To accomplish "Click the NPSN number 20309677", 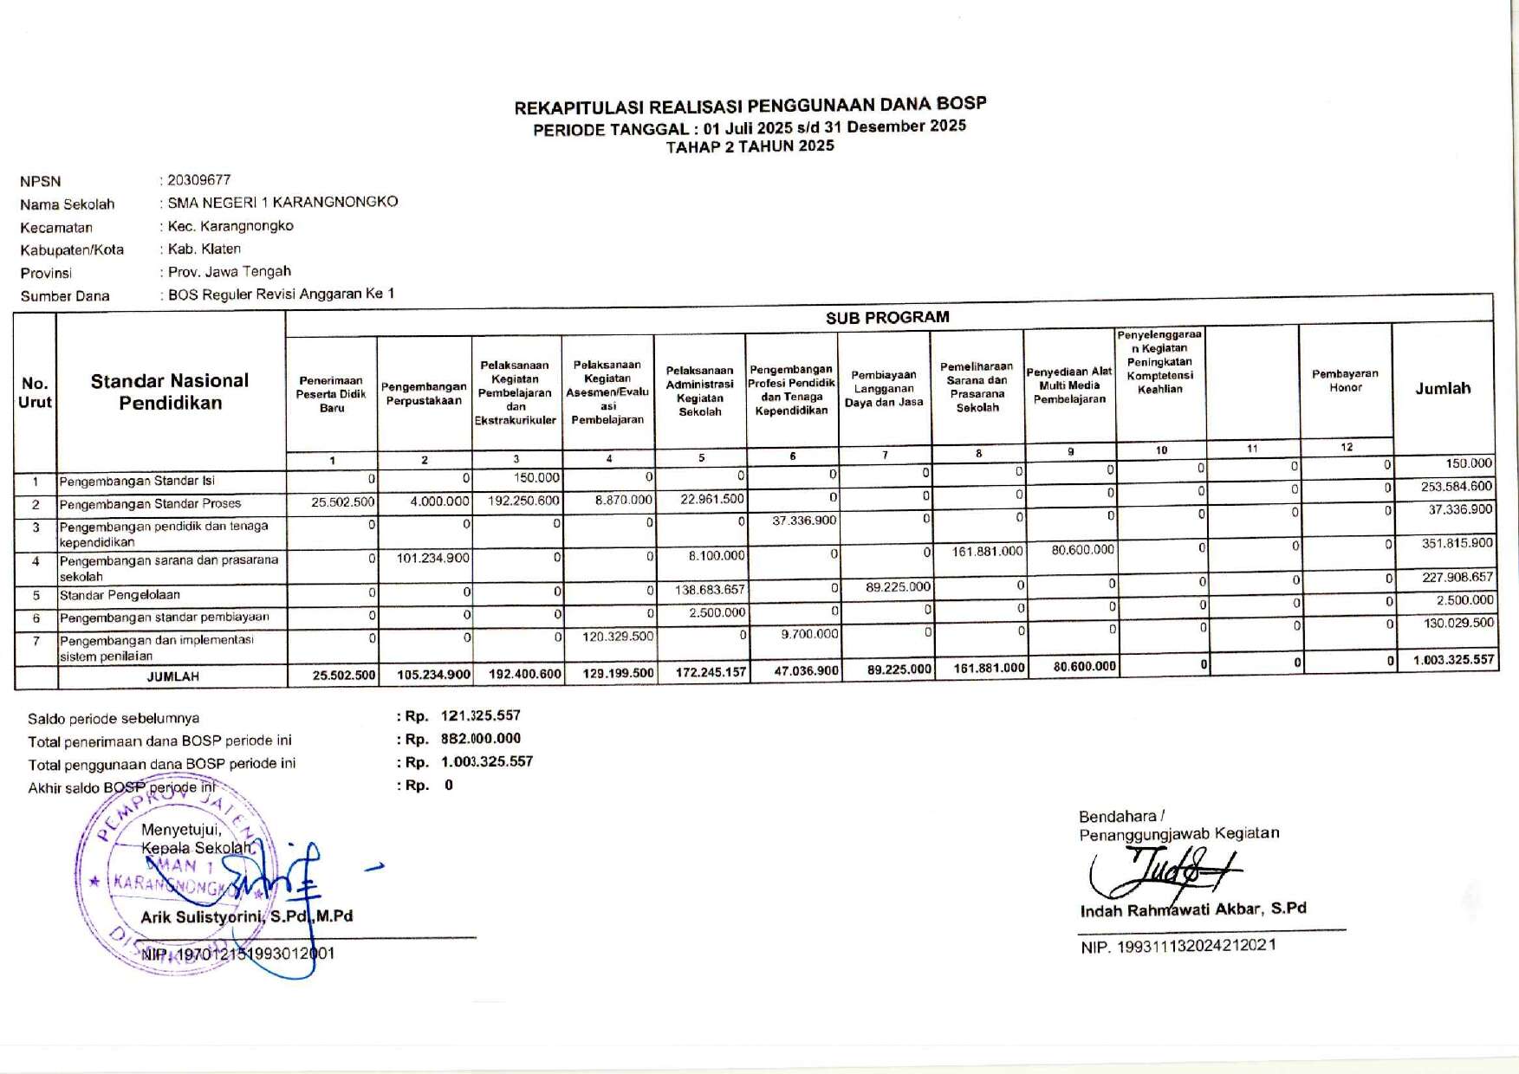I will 199,180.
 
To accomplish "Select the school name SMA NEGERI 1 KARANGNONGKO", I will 282,202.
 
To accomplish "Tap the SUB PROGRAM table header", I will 887,317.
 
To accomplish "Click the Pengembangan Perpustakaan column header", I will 424,393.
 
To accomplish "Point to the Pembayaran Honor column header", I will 1345,380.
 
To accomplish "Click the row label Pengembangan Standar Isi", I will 137,482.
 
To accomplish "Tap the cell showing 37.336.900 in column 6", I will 803,521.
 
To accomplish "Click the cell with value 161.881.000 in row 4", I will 987,551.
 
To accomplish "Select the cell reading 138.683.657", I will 710,590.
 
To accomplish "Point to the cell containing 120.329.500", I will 618,637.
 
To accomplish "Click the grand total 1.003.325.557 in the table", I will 1453,660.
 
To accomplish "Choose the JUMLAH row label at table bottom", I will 172,676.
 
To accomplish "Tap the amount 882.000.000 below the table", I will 481,739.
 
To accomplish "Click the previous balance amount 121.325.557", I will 481,715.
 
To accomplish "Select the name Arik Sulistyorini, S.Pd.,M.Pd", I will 247,916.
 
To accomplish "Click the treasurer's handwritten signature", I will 1165,870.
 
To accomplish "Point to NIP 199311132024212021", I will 1178,947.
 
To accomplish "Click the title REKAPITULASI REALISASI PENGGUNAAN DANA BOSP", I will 750,107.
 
